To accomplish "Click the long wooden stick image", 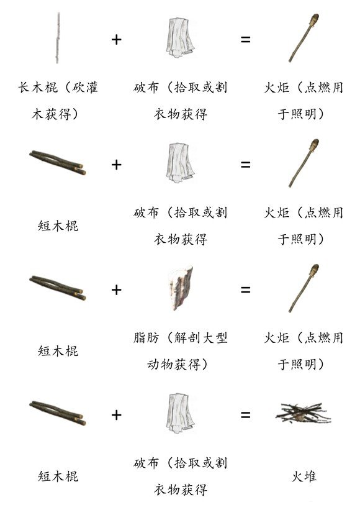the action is click(58, 38).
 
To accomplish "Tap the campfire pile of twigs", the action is click(303, 413).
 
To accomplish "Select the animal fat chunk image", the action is click(181, 289).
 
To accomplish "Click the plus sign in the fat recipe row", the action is click(117, 289).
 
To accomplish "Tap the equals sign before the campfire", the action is click(245, 415).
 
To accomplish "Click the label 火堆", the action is click(304, 476).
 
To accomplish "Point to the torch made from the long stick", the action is click(304, 38).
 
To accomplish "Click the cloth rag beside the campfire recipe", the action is click(180, 414).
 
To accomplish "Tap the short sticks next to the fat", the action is click(58, 288).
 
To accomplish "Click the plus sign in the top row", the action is click(117, 39).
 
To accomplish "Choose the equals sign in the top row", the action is click(245, 39).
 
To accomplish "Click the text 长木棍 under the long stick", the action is click(38, 88).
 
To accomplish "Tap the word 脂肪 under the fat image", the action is click(146, 338).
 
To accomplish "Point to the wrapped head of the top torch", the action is click(314, 19).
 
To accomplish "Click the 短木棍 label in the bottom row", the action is click(58, 476).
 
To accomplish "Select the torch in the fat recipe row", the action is click(304, 288).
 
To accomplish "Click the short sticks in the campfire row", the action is click(58, 413).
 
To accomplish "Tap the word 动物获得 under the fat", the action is click(174, 364).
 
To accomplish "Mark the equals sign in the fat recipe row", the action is click(245, 289).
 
